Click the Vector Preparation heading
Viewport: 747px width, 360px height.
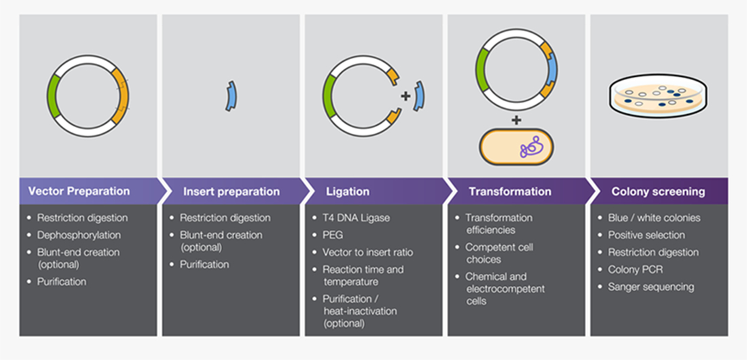point(79,192)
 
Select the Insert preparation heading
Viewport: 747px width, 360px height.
point(231,192)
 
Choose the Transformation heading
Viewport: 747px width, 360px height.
point(510,192)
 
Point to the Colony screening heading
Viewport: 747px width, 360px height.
point(658,192)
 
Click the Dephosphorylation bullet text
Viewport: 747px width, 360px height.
point(79,235)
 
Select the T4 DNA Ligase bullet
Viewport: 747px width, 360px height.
point(357,218)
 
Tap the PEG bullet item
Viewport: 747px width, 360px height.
point(333,235)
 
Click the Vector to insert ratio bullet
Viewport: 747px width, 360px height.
point(367,252)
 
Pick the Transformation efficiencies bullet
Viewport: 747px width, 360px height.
point(498,223)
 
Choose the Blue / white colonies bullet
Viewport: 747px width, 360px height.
point(654,218)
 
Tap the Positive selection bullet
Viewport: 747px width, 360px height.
point(646,235)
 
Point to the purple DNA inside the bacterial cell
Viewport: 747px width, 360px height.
point(531,147)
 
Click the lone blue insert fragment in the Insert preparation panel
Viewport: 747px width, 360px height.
point(232,96)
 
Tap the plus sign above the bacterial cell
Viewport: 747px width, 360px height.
point(516,120)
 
